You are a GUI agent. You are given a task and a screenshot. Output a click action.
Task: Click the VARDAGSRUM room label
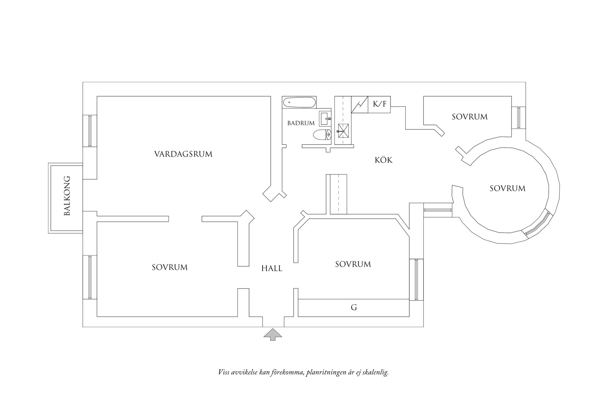pyautogui.click(x=183, y=154)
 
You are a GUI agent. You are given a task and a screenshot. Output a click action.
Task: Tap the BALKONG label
pyautogui.click(x=67, y=196)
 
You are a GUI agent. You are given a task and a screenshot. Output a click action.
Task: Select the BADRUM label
pyautogui.click(x=301, y=123)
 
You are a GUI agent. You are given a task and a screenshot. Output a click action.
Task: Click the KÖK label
pyautogui.click(x=384, y=160)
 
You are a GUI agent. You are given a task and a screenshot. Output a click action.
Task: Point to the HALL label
pyautogui.click(x=272, y=269)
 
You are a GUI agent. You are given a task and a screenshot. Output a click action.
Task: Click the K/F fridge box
pyautogui.click(x=379, y=104)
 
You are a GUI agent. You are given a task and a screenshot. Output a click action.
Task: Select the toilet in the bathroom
pyautogui.click(x=322, y=135)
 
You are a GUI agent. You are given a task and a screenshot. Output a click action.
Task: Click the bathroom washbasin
pyautogui.click(x=325, y=119)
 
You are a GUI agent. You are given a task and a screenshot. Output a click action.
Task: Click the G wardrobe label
pyautogui.click(x=354, y=308)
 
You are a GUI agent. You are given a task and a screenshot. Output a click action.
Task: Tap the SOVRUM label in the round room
pyautogui.click(x=507, y=188)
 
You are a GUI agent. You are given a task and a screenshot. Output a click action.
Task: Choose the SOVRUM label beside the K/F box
pyautogui.click(x=470, y=117)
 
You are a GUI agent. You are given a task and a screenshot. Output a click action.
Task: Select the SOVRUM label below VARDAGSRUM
pyautogui.click(x=169, y=267)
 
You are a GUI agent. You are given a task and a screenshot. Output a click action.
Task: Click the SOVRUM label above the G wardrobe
pyautogui.click(x=353, y=264)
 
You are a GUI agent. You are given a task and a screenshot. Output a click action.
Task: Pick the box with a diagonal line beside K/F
pyautogui.click(x=359, y=104)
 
